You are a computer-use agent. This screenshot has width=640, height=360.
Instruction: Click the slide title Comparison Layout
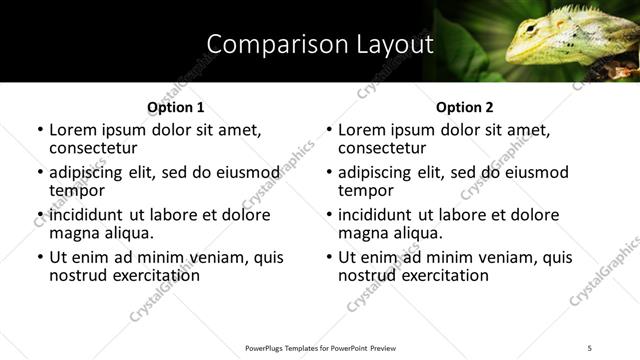pos(320,44)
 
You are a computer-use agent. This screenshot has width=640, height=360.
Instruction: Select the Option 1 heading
pos(175,107)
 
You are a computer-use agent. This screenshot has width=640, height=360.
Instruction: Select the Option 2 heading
pos(464,107)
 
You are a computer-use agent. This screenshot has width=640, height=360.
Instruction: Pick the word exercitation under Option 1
pos(154,275)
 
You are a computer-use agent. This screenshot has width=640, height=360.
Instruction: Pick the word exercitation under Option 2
pos(443,275)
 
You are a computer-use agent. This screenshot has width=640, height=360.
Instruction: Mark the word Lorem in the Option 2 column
pos(362,130)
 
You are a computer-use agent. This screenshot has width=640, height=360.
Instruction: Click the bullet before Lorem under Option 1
pos(40,131)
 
